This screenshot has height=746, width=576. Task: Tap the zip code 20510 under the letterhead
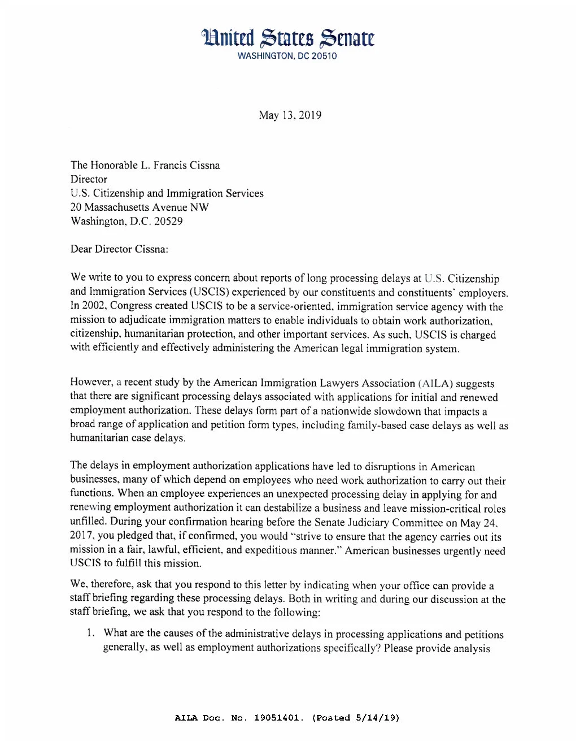[x=324, y=56]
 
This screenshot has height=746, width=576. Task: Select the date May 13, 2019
[x=290, y=115]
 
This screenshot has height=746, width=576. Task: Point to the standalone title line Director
[x=89, y=179]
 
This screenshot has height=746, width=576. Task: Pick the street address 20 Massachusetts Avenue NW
[x=139, y=207]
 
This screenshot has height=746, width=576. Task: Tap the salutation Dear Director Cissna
[x=119, y=249]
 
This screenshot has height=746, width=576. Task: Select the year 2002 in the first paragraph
[x=93, y=306]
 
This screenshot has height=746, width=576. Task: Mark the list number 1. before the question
[x=90, y=633]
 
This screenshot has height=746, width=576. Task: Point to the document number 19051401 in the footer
[x=278, y=718]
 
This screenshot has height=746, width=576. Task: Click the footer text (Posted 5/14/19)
[x=355, y=718]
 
